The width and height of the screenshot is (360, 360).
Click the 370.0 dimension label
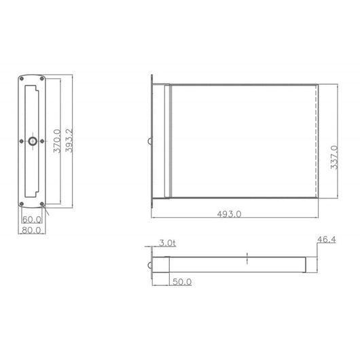click(x=56, y=141)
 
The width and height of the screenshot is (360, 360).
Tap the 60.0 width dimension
click(x=32, y=219)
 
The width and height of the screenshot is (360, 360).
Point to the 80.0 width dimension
click(x=32, y=230)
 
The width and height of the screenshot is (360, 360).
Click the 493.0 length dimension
click(x=229, y=214)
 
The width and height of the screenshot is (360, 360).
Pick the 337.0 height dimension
click(x=334, y=158)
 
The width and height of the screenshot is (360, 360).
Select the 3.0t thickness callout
click(x=167, y=242)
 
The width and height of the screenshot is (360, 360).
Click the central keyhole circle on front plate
click(x=32, y=141)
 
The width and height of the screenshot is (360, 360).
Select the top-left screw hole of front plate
click(x=22, y=79)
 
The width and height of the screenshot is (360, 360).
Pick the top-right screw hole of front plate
click(x=42, y=79)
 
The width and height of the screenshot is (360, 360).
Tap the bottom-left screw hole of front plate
click(x=22, y=204)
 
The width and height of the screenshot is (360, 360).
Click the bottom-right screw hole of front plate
click(x=42, y=204)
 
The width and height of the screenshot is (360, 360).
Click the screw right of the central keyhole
click(x=41, y=141)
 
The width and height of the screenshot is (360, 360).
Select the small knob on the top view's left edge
click(x=149, y=142)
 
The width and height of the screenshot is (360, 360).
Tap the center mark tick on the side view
click(x=248, y=258)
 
